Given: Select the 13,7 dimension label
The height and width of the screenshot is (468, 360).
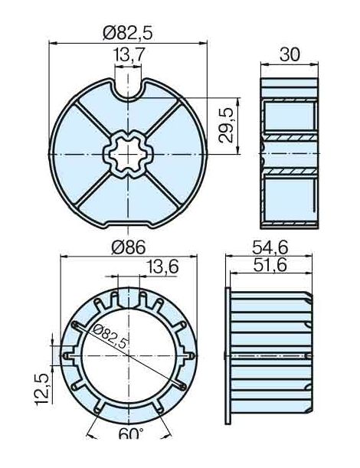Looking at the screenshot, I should [128, 55].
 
